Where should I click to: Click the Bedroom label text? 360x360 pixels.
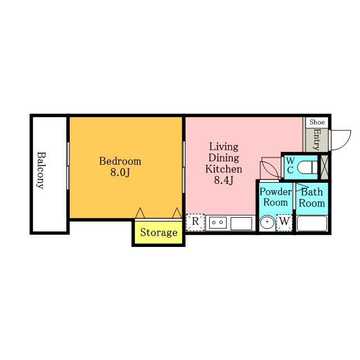(x=120, y=161)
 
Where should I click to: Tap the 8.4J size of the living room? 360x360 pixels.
(x=224, y=180)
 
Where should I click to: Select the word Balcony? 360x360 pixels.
(x=41, y=170)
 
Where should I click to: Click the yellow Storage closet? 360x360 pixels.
(x=159, y=232)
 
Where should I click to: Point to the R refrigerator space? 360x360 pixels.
(x=195, y=222)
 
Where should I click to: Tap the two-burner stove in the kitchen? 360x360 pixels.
(x=218, y=223)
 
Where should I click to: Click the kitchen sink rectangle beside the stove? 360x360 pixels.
(x=241, y=223)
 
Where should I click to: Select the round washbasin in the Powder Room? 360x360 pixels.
(x=267, y=223)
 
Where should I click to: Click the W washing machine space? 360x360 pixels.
(x=284, y=222)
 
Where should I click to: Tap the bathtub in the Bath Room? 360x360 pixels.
(x=312, y=223)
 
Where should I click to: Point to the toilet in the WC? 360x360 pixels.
(x=308, y=167)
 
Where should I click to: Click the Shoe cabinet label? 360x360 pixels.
(x=317, y=122)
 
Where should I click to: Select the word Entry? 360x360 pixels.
(x=317, y=139)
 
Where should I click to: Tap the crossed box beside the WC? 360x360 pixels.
(x=324, y=167)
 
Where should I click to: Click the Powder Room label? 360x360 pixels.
(x=276, y=197)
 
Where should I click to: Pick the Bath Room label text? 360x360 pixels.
(x=312, y=197)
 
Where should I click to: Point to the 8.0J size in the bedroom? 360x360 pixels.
(x=120, y=172)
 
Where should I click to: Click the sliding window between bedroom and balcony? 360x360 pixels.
(x=68, y=166)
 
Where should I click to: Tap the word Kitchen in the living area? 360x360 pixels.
(x=224, y=169)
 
